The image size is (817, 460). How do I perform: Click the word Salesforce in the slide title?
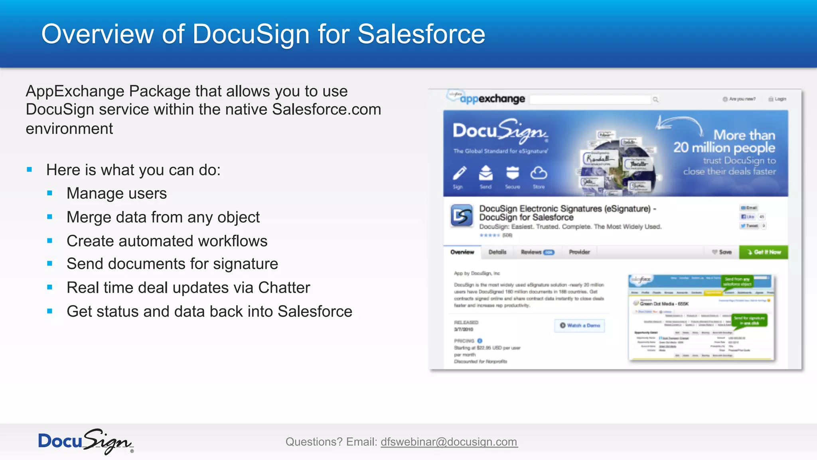[421, 34]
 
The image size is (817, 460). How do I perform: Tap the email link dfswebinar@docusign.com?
[449, 442]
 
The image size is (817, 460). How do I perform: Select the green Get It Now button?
[764, 252]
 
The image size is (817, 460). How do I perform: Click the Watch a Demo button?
[580, 325]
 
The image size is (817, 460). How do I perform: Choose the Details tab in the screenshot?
[497, 252]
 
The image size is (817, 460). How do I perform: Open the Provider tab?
[579, 252]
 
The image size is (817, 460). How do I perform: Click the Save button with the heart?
[722, 252]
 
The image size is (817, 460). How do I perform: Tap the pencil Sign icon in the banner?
[459, 174]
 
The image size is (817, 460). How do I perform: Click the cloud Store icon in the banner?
[539, 174]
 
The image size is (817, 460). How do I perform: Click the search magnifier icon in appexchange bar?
[655, 99]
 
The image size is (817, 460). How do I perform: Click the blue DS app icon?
[462, 216]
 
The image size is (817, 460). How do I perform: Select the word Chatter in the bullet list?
[284, 287]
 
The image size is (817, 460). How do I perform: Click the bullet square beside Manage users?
[50, 193]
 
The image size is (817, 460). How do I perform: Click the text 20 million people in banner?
[724, 148]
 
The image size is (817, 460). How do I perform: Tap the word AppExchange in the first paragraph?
[75, 91]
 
